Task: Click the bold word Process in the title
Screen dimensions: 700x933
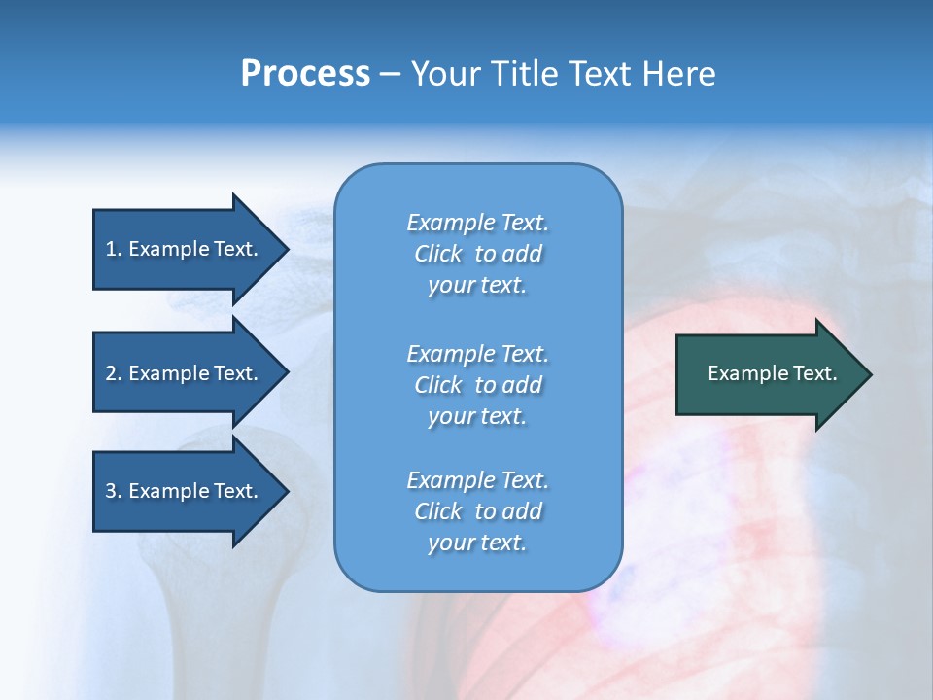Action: pos(305,74)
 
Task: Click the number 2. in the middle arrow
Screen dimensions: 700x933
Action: pos(113,373)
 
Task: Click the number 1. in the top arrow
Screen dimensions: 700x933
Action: pos(113,249)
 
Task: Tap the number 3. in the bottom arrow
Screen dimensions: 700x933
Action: pos(113,491)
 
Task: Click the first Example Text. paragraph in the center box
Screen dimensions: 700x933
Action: pos(477,254)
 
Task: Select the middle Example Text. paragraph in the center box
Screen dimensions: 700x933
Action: pos(477,385)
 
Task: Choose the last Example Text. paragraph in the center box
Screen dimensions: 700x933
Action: pos(477,511)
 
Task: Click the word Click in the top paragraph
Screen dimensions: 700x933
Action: pos(437,254)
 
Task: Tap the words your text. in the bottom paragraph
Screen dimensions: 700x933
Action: pos(477,542)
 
